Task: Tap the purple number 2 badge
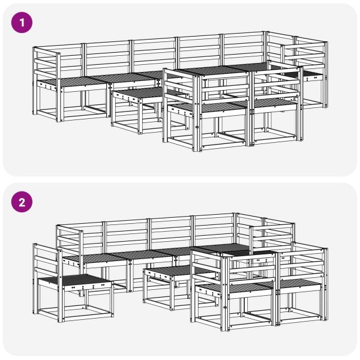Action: (23, 202)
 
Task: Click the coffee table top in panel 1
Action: (137, 94)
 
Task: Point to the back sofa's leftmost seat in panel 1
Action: (66, 81)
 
